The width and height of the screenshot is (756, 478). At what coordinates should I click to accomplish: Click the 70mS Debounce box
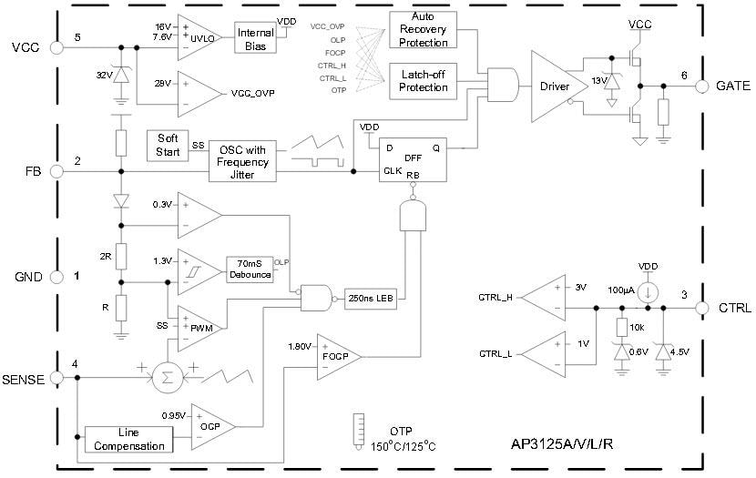pyautogui.click(x=249, y=269)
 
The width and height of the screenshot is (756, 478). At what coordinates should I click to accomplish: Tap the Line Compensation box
pyautogui.click(x=128, y=439)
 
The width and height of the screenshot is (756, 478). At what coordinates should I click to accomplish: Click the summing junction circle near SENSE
pyautogui.click(x=166, y=377)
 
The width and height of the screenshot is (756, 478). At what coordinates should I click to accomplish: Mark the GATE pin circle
pyautogui.click(x=702, y=86)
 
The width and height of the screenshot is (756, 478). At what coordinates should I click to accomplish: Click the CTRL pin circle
pyautogui.click(x=702, y=308)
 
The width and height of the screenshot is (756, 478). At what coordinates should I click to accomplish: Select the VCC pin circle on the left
pyautogui.click(x=54, y=47)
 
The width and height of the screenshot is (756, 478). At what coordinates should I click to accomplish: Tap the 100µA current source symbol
pyautogui.click(x=648, y=293)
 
